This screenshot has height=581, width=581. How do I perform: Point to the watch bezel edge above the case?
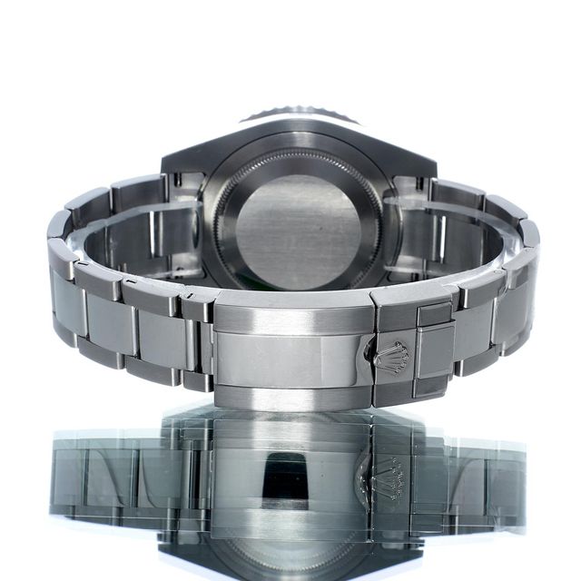tap(299, 115)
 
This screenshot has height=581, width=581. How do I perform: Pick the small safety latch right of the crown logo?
tap(434, 350)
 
